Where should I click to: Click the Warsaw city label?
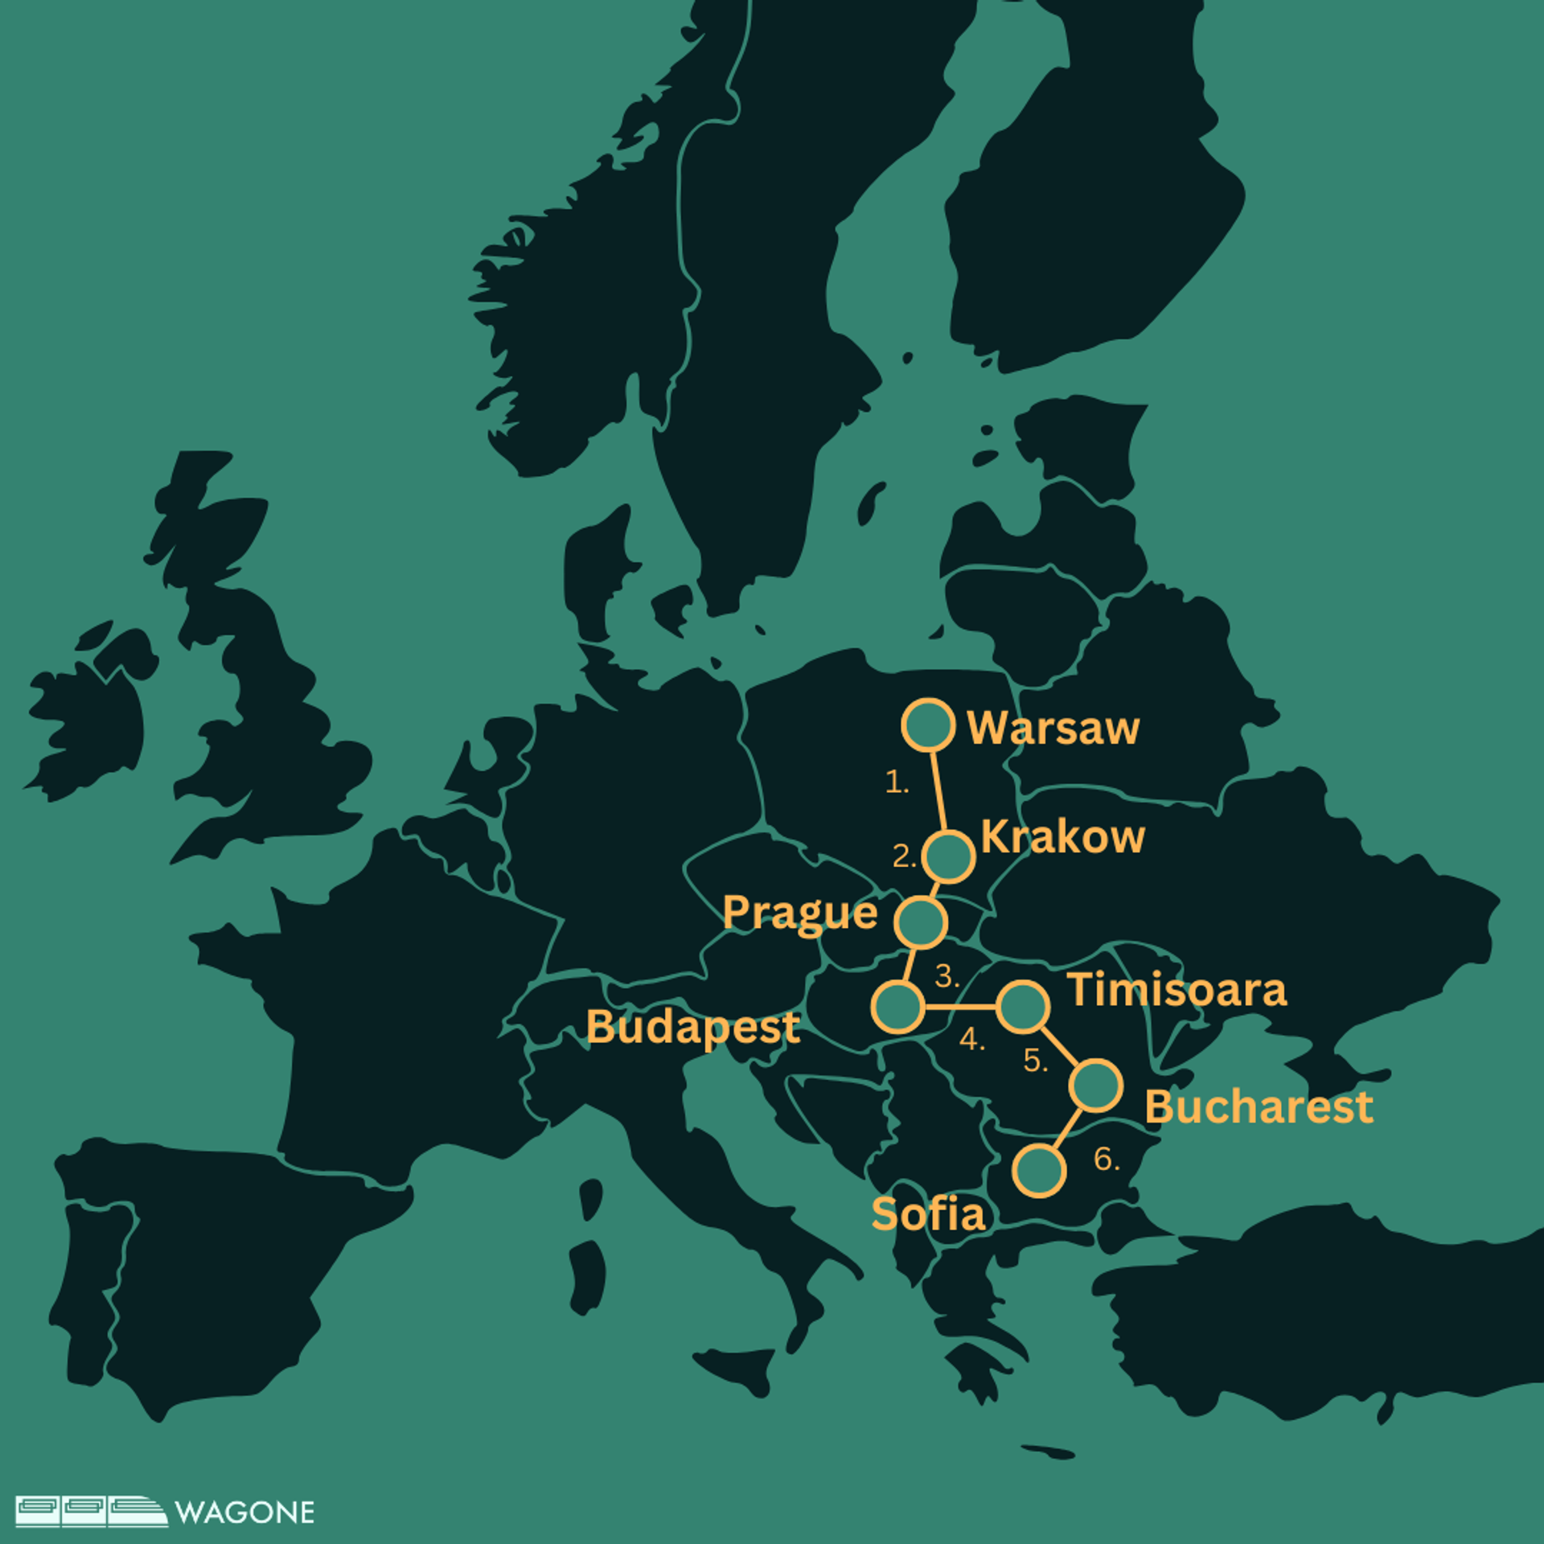(1053, 728)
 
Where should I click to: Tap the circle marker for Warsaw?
(928, 725)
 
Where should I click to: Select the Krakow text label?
(1062, 837)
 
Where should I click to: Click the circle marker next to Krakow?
(948, 856)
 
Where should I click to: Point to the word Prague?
(799, 914)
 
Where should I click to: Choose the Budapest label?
(692, 1027)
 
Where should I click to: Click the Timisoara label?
(1177, 989)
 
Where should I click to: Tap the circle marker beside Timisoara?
(1023, 1006)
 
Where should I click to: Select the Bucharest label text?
(1259, 1107)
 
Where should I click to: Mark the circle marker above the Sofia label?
(1039, 1170)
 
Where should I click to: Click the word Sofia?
(928, 1214)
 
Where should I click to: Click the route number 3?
(947, 977)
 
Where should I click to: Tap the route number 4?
(971, 1040)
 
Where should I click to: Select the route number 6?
(1106, 1159)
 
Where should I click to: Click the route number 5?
(1035, 1061)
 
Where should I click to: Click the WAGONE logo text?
(244, 1513)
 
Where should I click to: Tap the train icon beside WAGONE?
(91, 1511)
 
